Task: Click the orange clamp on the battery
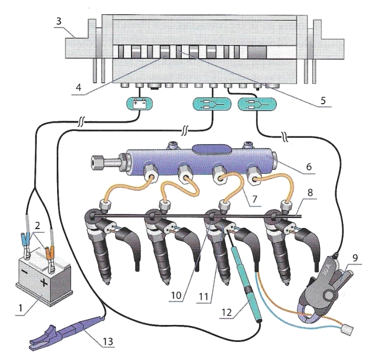(x=50, y=251)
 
